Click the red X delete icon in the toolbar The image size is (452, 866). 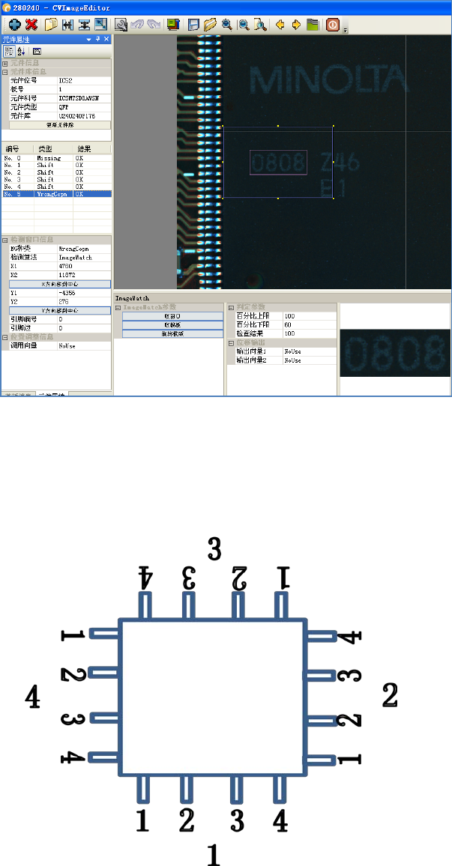point(31,25)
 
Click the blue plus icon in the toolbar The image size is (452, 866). point(14,25)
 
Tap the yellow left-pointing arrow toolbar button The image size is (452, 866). point(280,25)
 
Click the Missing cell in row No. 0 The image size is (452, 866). point(49,158)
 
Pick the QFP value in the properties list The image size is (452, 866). point(64,107)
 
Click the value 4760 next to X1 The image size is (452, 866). point(65,265)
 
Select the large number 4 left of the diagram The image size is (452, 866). point(32,697)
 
